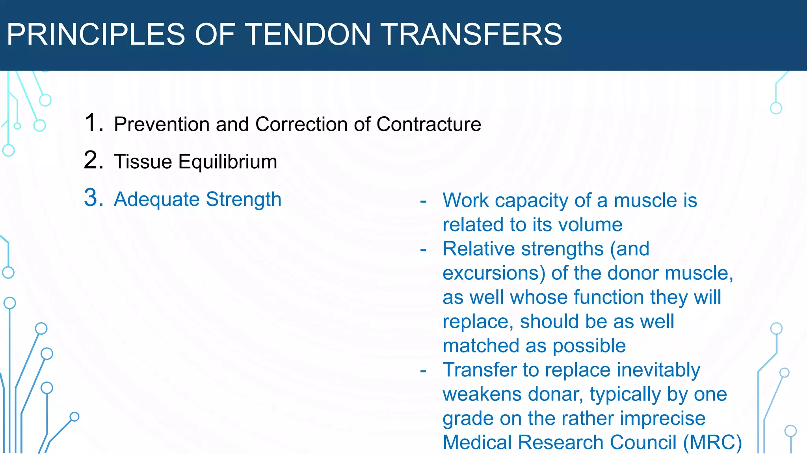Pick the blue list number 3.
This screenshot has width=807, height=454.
[x=94, y=198]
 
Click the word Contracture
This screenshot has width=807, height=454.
[x=429, y=124]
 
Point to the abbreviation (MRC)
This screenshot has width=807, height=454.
[x=712, y=443]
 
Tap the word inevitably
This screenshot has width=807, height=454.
[x=658, y=370]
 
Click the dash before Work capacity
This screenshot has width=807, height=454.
[x=423, y=201]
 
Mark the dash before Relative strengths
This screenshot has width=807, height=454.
[x=423, y=249]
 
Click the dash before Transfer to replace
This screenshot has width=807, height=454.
[x=423, y=370]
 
